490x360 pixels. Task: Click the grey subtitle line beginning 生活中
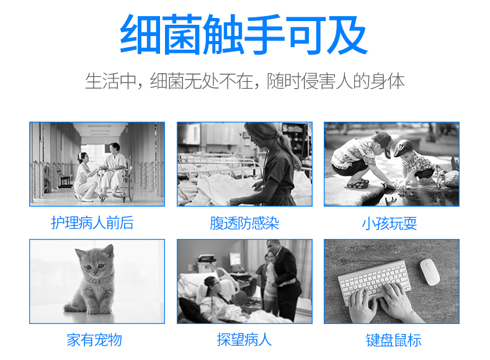pyautogui.click(x=244, y=81)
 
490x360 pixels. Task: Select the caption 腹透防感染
pyautogui.click(x=244, y=223)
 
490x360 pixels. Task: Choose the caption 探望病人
pyautogui.click(x=244, y=340)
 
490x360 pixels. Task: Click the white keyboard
pyautogui.click(x=372, y=279)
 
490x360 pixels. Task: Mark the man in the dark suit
pyautogui.click(x=284, y=279)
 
